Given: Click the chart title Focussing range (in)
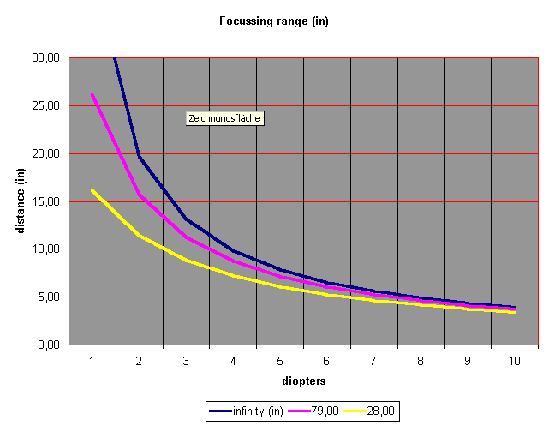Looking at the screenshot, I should (x=274, y=21).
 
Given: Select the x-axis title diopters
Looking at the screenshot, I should (x=302, y=379).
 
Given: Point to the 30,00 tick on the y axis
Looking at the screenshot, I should (x=45, y=58).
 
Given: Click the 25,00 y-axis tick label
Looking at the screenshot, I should (x=45, y=106).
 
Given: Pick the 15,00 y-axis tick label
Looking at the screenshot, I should (x=45, y=201).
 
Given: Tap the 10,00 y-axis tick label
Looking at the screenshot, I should (x=45, y=249).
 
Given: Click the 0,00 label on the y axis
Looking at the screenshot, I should (x=48, y=345).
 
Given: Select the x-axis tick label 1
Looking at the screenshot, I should (x=92, y=362).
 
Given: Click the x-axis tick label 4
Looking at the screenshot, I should (x=232, y=362).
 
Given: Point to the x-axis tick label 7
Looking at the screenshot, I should (x=373, y=362).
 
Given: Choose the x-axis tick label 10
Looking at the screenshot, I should (x=513, y=362).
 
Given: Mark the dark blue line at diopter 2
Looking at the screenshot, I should (x=139, y=156).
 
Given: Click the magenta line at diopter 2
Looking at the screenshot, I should (x=139, y=195).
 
